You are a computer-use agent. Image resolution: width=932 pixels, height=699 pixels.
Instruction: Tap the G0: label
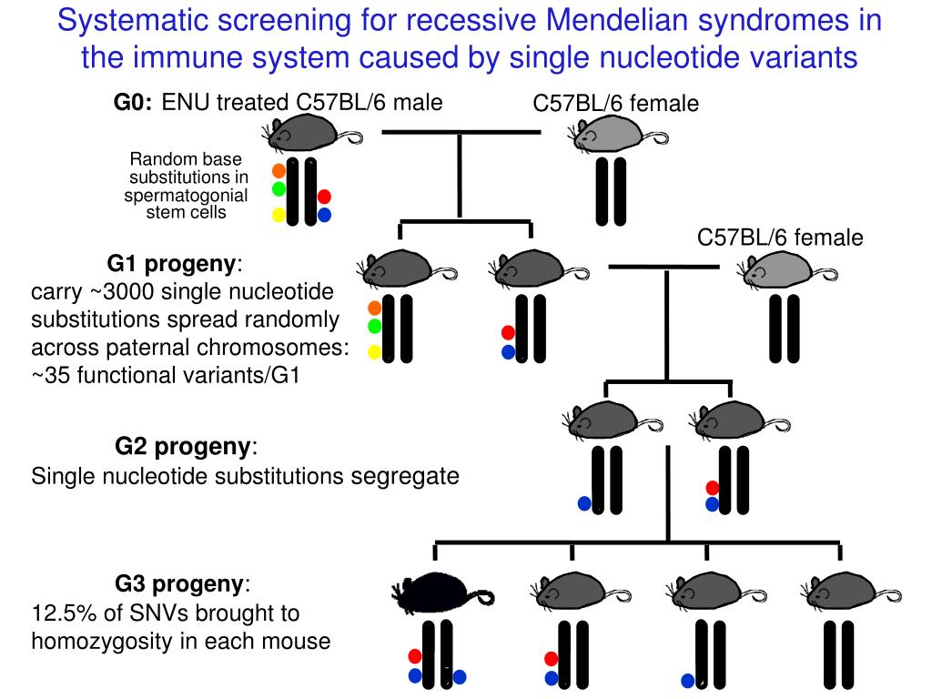click(x=133, y=103)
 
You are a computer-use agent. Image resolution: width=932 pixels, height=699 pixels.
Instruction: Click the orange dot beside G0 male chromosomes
click(x=279, y=169)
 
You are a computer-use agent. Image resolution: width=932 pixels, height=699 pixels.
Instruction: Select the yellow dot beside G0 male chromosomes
click(x=279, y=216)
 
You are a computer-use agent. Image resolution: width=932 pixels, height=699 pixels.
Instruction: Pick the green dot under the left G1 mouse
click(x=373, y=325)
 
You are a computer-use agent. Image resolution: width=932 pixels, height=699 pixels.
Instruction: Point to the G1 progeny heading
click(x=173, y=265)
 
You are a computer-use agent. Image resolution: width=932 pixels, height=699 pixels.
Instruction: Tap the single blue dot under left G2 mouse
click(x=584, y=503)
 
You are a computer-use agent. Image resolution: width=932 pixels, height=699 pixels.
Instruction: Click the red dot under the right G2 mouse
click(x=713, y=488)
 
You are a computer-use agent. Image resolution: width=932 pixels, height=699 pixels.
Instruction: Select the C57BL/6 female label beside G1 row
click(x=780, y=238)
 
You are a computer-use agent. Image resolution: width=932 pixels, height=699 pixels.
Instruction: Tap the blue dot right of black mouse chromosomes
click(x=460, y=676)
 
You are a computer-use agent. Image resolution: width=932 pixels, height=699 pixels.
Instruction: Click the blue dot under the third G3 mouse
click(x=687, y=680)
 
